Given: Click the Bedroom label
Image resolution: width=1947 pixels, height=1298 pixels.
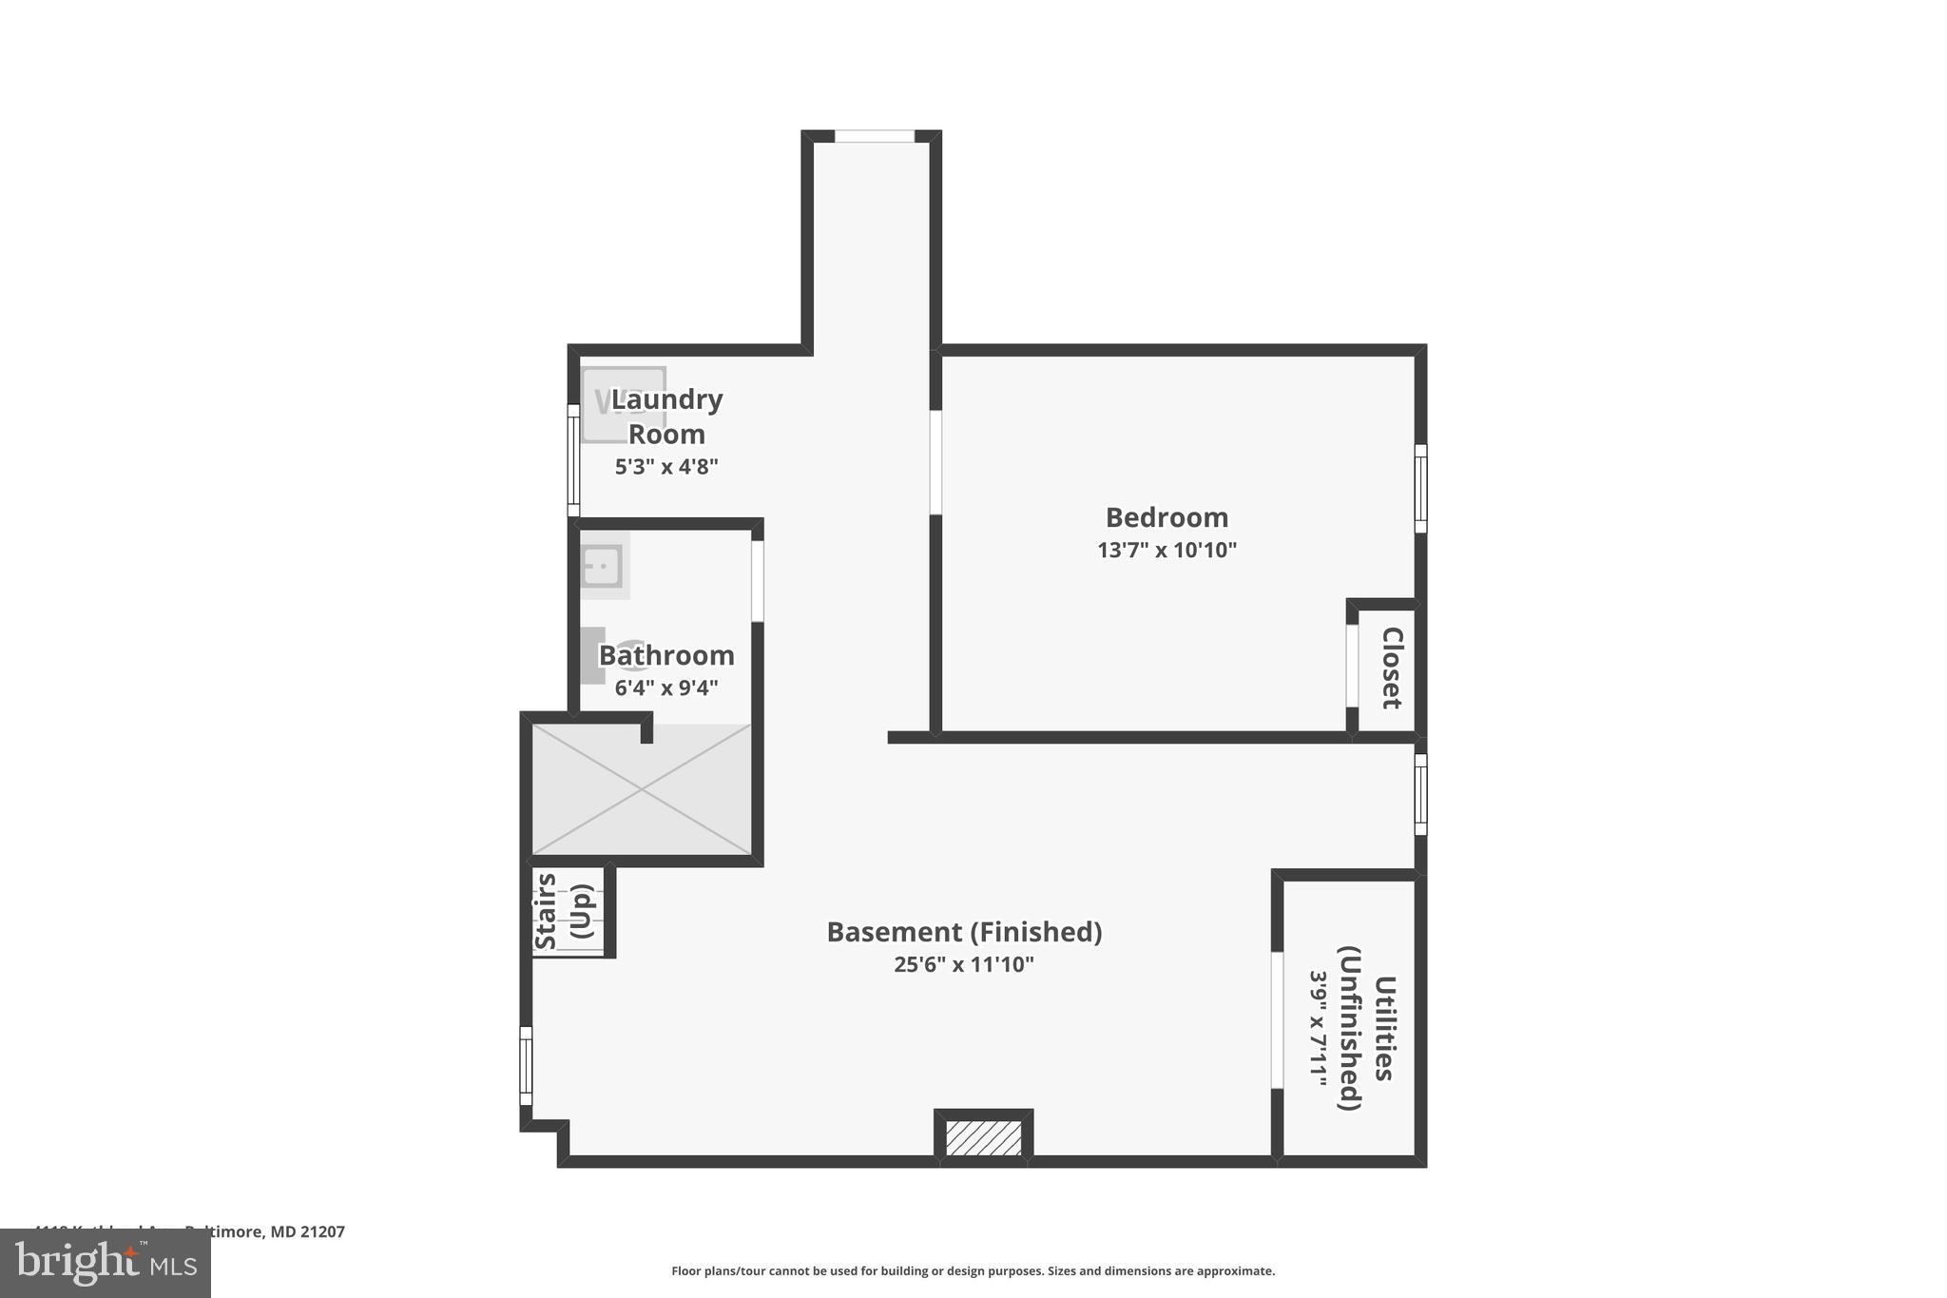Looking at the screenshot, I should pyautogui.click(x=1166, y=517).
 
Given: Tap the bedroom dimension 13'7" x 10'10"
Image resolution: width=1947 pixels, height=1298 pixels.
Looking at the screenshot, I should pyautogui.click(x=1166, y=550).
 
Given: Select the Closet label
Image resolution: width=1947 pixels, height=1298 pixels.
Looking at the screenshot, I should pyautogui.click(x=1391, y=668).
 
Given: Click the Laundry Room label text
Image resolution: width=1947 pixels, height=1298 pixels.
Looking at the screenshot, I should pyautogui.click(x=666, y=417).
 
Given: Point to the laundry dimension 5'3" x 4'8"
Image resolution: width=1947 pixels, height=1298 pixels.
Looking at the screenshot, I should pyautogui.click(x=665, y=467).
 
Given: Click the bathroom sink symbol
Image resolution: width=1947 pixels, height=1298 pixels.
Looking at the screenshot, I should pyautogui.click(x=602, y=567).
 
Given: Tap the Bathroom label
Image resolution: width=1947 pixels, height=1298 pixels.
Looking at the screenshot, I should pyautogui.click(x=666, y=655).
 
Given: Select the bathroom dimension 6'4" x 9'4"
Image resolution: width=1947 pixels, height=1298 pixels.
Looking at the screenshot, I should pyautogui.click(x=665, y=688).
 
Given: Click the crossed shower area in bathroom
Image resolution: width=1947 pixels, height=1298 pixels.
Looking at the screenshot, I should pyautogui.click(x=642, y=789).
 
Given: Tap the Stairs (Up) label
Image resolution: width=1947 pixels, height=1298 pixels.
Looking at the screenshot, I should pyautogui.click(x=565, y=910).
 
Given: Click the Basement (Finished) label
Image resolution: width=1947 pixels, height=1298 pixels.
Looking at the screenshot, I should pyautogui.click(x=964, y=932).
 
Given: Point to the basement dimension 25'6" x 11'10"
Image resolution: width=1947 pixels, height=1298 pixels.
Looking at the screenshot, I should pyautogui.click(x=963, y=964).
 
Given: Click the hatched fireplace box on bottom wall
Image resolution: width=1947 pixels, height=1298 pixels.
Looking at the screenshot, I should pyautogui.click(x=983, y=1137).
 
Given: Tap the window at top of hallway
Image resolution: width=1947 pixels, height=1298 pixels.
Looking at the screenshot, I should pyautogui.click(x=874, y=137).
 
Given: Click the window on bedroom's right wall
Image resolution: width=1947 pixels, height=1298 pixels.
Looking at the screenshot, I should pyautogui.click(x=1420, y=489).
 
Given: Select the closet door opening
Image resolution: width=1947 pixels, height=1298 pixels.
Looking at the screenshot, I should pyautogui.click(x=1352, y=666).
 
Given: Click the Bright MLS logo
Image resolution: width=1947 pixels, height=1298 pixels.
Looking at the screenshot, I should pyautogui.click(x=106, y=1263).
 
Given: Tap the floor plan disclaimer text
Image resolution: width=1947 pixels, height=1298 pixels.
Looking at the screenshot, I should pyautogui.click(x=973, y=1270).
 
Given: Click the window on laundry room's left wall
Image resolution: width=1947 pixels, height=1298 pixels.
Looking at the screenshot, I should pyautogui.click(x=573, y=460).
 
